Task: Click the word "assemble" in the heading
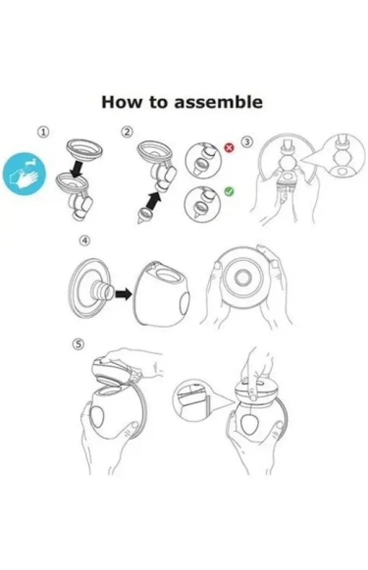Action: click(x=218, y=102)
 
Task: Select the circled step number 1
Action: click(x=43, y=132)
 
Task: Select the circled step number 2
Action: click(x=127, y=132)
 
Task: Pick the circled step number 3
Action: click(x=247, y=142)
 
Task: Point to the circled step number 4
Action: click(x=84, y=240)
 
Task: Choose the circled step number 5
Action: click(x=78, y=344)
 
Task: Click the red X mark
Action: click(x=229, y=147)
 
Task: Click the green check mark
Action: click(x=229, y=191)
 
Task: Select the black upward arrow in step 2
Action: click(x=154, y=201)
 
